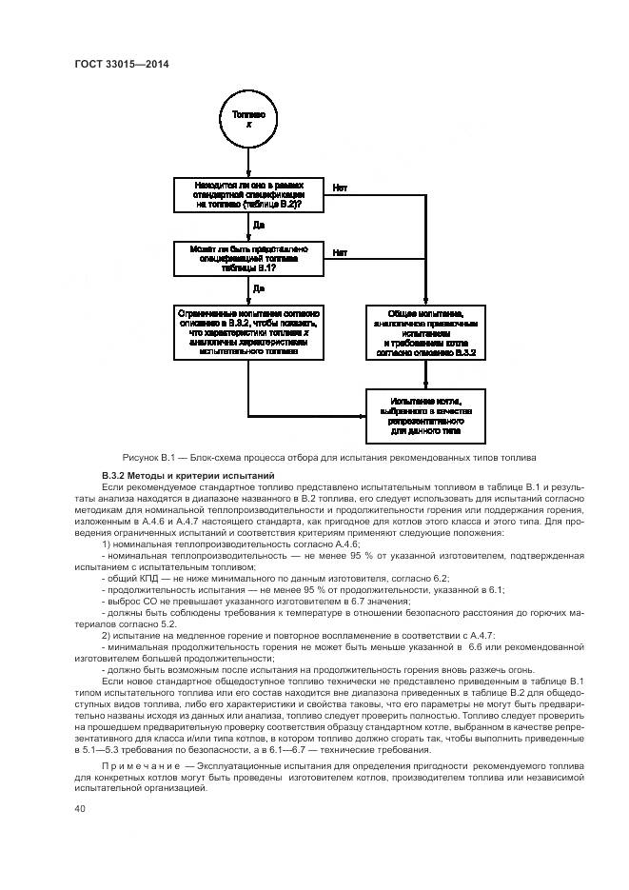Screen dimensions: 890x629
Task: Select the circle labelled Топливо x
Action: coord(248,118)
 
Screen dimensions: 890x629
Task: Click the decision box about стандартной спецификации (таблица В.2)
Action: coord(248,194)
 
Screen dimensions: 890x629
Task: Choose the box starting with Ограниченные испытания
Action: coord(248,332)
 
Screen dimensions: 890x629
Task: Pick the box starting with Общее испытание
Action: coord(424,332)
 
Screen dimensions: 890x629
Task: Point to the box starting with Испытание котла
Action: coord(424,416)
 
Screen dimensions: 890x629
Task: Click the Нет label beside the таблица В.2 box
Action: coord(339,187)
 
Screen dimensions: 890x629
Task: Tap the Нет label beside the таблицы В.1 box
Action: coord(339,252)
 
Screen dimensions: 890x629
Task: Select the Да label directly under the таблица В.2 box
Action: coord(258,226)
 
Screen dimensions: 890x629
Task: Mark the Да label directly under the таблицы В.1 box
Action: coord(258,287)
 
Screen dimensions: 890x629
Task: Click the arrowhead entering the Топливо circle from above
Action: coord(248,90)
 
